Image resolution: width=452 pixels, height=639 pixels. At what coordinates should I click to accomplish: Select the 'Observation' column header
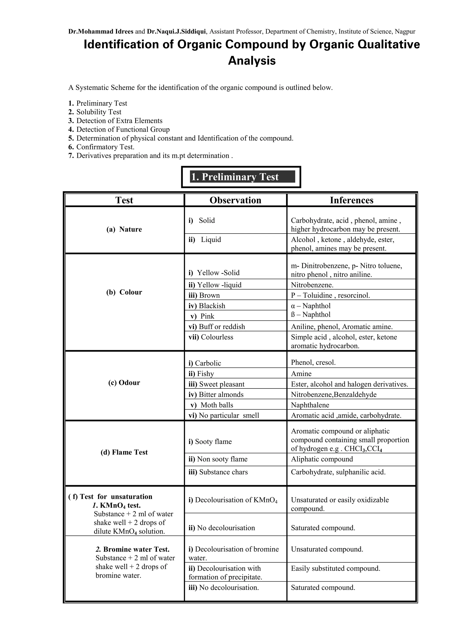[x=235, y=200]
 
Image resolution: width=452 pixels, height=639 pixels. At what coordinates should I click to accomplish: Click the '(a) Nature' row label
[x=124, y=229]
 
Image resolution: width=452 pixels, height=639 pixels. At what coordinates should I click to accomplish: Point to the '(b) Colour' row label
[x=124, y=292]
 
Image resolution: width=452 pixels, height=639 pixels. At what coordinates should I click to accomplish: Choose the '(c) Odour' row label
[x=124, y=383]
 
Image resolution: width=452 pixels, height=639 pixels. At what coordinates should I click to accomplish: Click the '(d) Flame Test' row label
[x=124, y=452]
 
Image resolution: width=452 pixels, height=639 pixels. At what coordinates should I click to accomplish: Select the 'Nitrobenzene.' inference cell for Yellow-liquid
[x=312, y=285]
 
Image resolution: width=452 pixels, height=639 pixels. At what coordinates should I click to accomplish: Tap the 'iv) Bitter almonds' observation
[x=216, y=395]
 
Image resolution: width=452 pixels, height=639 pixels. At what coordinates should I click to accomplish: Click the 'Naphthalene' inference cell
[x=310, y=405]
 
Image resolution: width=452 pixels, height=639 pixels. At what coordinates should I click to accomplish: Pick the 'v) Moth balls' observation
[x=212, y=405]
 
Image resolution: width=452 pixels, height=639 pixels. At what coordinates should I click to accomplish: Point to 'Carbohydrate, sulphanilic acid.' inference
[x=338, y=472]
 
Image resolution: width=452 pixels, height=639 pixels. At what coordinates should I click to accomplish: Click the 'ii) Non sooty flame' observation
[x=218, y=459]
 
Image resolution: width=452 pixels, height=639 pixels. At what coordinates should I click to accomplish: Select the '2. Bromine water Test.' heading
[x=132, y=549]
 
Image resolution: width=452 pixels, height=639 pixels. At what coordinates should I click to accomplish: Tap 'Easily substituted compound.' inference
[x=335, y=568]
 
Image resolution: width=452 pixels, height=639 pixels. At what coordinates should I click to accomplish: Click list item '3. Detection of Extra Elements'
[x=115, y=121]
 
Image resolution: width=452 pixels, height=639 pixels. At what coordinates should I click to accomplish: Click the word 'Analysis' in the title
[x=252, y=61]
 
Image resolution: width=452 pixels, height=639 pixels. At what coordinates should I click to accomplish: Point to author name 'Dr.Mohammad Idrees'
[x=101, y=31]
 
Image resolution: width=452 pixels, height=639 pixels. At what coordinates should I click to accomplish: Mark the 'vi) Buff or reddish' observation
[x=217, y=327]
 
